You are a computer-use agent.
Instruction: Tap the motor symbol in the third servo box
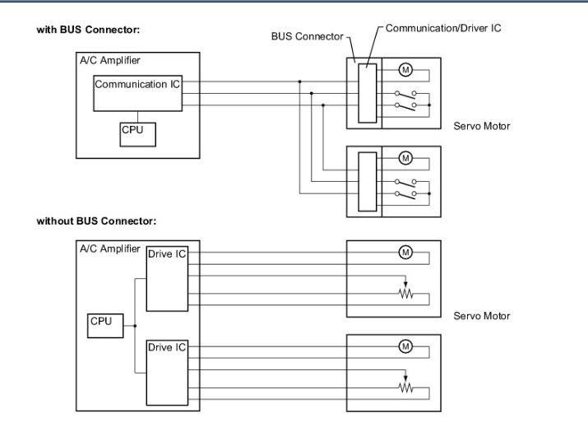404,252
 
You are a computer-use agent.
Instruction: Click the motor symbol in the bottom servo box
404,346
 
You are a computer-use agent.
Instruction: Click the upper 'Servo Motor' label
481,127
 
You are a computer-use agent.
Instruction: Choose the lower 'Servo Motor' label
481,316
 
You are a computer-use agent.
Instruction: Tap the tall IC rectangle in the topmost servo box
368,91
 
